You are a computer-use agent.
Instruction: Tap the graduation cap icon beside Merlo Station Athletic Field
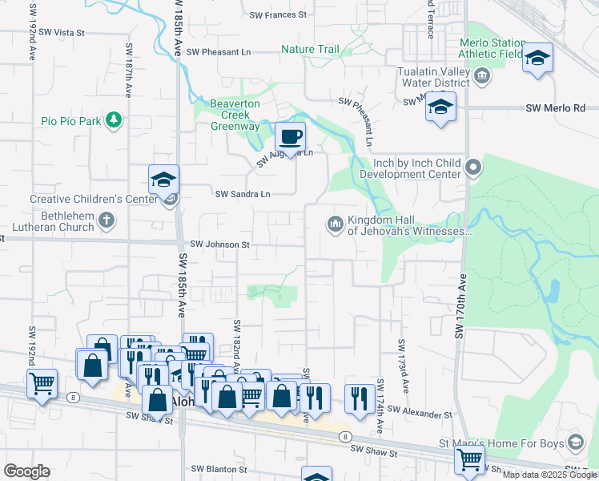537,59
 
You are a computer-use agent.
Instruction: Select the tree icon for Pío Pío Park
114,120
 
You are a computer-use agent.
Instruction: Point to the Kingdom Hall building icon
334,223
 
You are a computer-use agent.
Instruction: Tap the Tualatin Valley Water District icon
482,77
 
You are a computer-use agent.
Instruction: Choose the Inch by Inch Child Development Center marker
473,168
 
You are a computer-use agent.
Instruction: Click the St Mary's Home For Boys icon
575,443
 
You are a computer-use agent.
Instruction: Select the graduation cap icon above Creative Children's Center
163,180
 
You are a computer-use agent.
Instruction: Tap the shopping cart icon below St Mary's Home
469,459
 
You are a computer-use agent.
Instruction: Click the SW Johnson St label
220,245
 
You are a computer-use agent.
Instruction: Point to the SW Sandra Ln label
243,194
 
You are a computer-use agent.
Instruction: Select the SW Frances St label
278,15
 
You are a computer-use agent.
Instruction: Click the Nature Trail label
310,50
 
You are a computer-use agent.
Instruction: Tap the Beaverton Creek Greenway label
235,115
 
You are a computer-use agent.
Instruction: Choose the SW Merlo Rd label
556,108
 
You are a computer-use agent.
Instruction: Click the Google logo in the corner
26,471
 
